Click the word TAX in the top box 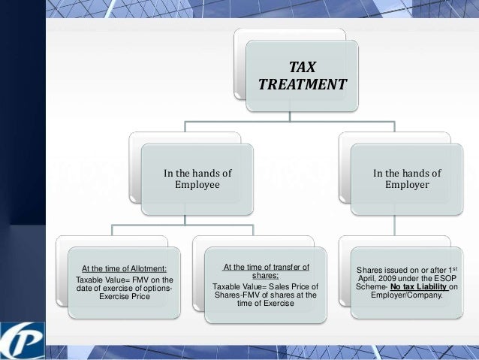303,66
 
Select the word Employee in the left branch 197,184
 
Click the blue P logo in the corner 23,338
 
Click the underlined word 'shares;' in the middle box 266,276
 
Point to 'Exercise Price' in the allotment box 124,297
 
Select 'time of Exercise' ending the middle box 266,303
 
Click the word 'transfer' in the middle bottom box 282,267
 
